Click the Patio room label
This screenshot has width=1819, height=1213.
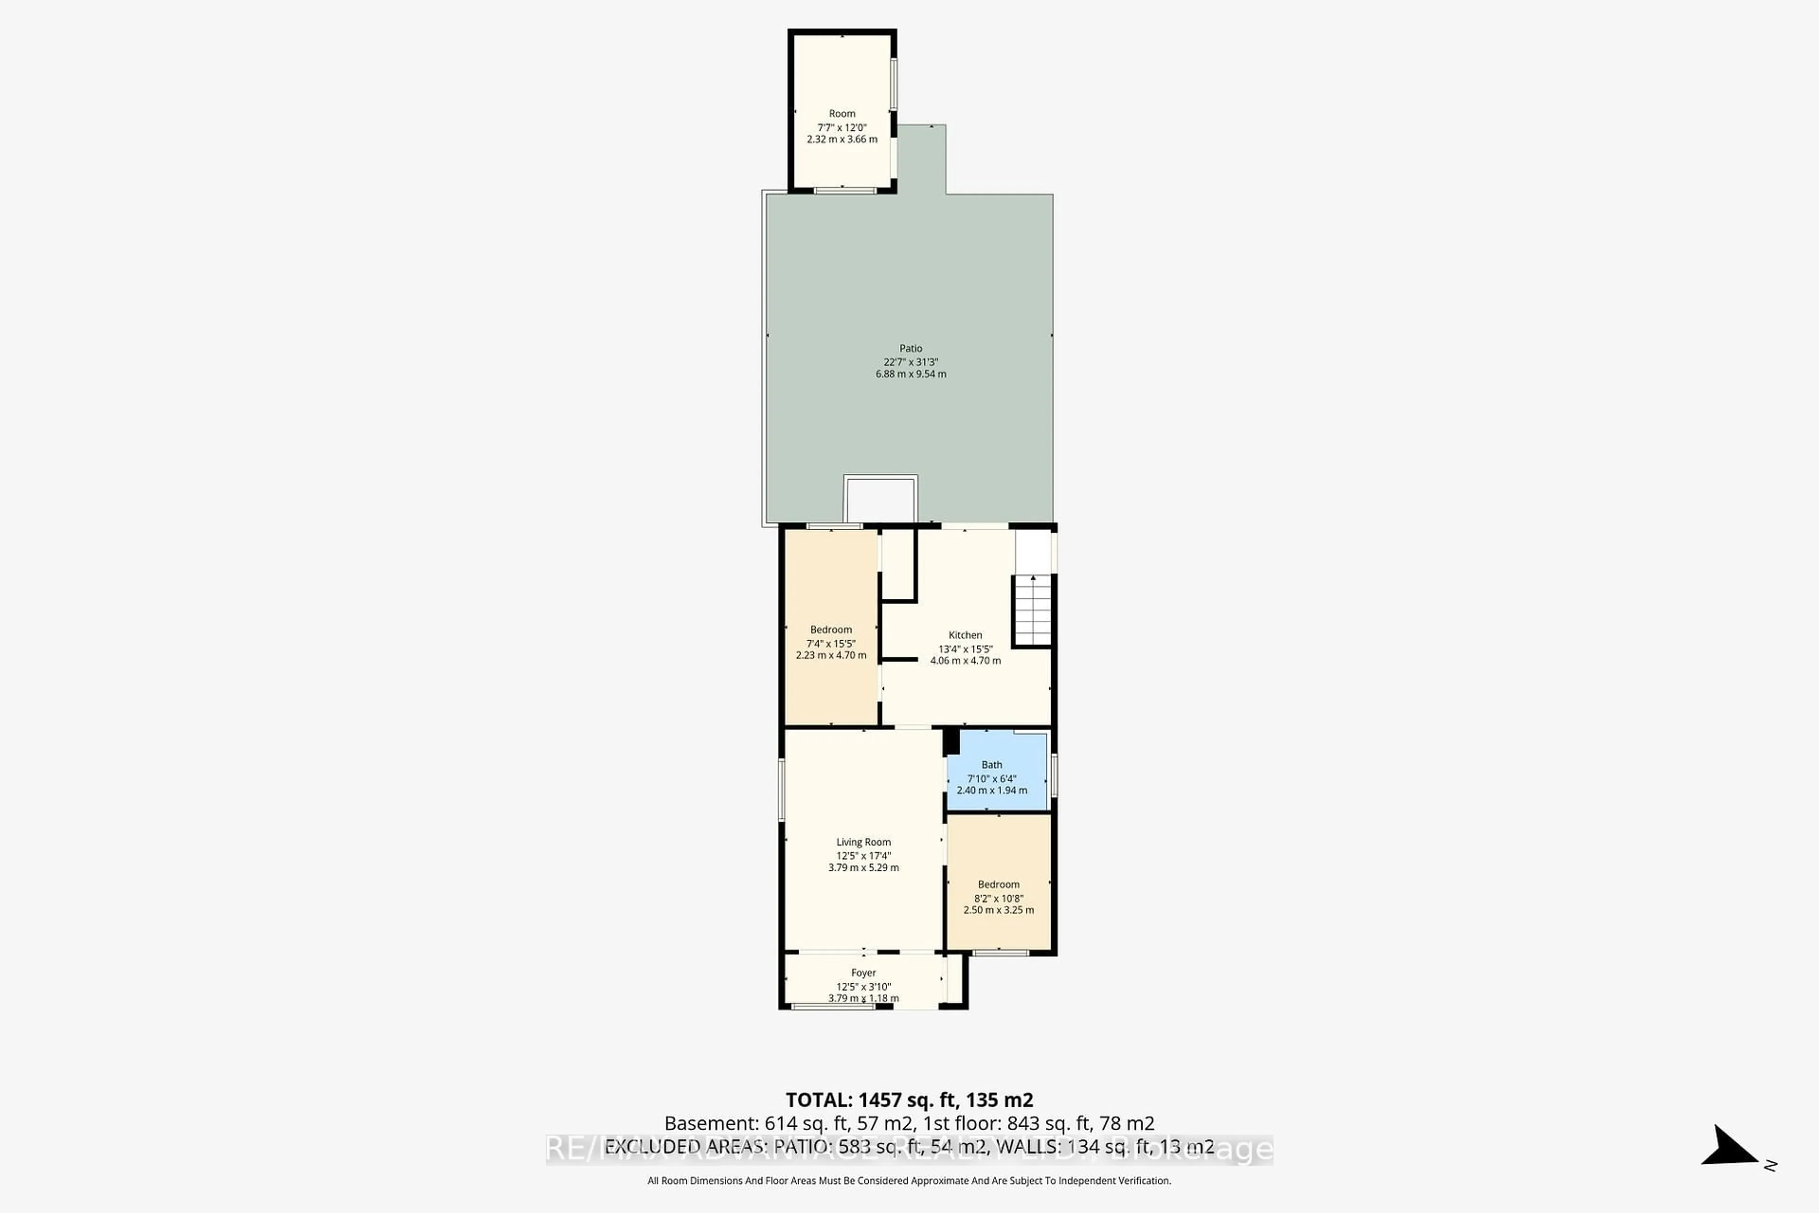[x=910, y=348]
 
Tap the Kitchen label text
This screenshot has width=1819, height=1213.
[x=965, y=635]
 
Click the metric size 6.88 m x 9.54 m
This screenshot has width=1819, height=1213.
[x=910, y=374]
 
